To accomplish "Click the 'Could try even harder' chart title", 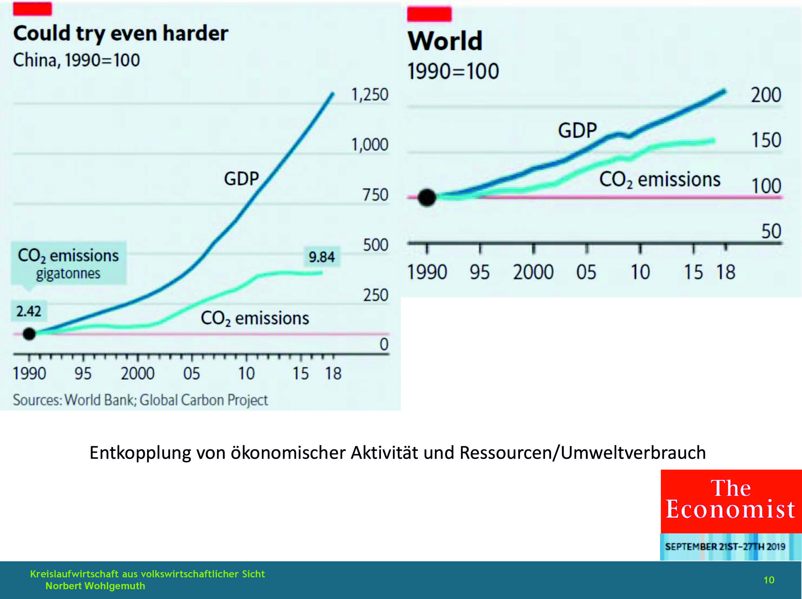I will coord(121,34).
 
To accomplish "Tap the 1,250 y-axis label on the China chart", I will coord(369,95).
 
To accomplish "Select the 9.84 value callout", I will coord(322,257).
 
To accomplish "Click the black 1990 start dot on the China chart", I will coord(29,334).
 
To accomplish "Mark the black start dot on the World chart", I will coord(427,198).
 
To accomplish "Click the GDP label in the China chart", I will coord(241,179).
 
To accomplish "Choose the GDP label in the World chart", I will coord(577,131).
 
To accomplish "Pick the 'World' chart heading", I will coord(445,41).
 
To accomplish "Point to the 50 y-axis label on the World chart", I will coord(771,231).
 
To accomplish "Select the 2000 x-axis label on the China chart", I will coord(138,374).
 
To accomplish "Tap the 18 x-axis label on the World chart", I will coord(726,272).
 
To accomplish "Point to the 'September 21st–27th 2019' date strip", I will coord(725,546).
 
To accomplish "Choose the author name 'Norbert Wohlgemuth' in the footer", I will coord(95,586).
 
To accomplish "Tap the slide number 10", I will coord(769,580).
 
